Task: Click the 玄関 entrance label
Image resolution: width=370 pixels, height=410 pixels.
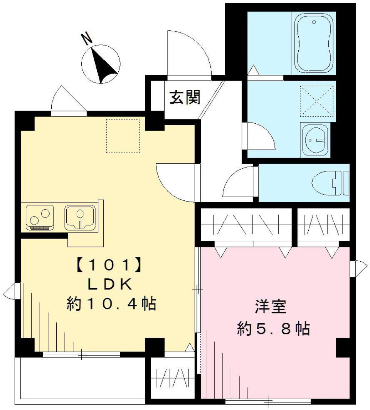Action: (185, 98)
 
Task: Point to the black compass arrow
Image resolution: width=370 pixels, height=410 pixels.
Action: (103, 64)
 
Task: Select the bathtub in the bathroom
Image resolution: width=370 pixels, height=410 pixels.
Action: (313, 43)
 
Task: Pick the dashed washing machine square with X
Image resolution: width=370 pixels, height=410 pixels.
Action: (317, 101)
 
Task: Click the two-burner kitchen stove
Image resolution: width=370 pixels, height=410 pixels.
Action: (40, 217)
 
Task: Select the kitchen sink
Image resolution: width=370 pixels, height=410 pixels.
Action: (81, 217)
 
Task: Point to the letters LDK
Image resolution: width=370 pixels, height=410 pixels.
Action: (111, 285)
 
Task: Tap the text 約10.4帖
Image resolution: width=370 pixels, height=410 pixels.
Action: (111, 304)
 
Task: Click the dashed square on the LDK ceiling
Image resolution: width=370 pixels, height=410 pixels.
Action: (123, 136)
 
